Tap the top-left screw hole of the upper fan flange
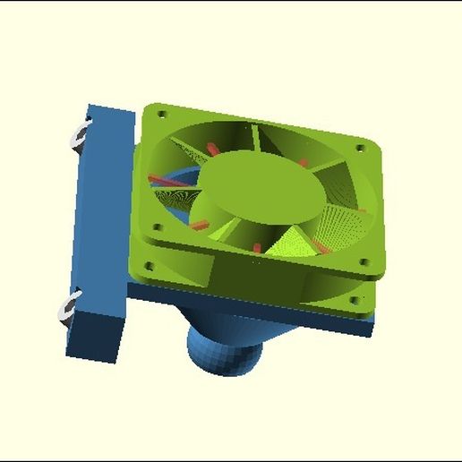click(x=162, y=114)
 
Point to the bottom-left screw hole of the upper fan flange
click(x=156, y=227)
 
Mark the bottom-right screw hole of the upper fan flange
click(x=364, y=262)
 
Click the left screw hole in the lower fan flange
click(x=150, y=266)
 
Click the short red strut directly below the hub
click(x=257, y=246)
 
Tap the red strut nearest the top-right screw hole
click(x=304, y=163)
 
